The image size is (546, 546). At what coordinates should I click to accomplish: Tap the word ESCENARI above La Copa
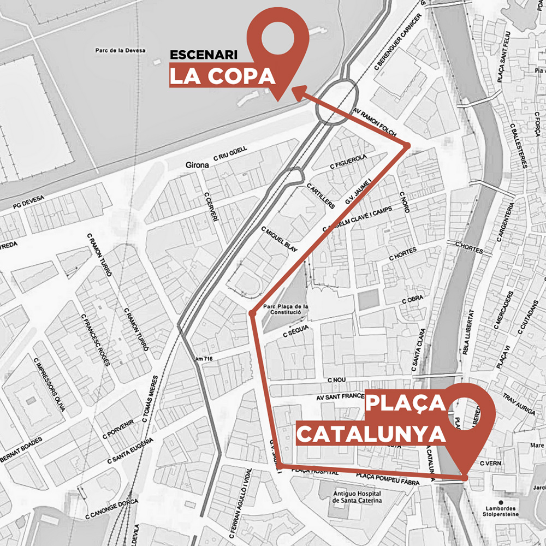(x=203, y=55)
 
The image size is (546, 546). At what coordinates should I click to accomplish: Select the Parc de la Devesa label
(x=120, y=50)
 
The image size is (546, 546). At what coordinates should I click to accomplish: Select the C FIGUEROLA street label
(x=348, y=162)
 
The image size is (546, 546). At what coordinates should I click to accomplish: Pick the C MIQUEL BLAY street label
(x=279, y=240)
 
